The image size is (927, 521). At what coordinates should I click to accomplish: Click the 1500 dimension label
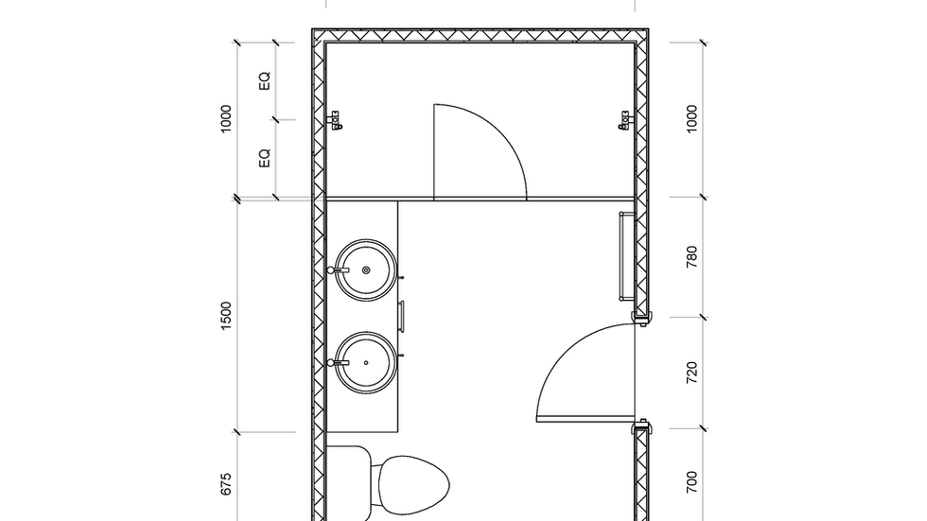[x=226, y=316]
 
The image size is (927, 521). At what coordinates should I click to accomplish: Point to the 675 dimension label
[x=226, y=484]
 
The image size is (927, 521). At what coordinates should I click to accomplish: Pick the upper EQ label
[x=265, y=81]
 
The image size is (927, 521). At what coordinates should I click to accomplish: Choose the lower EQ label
[x=265, y=158]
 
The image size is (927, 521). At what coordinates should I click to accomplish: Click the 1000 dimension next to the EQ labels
[x=226, y=119]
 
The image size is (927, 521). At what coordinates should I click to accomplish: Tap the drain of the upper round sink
[x=366, y=269]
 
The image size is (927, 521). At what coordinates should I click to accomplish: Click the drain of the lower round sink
[x=366, y=362]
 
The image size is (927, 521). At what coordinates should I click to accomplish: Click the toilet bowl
[x=411, y=488]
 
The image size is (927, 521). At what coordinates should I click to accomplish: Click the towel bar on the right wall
[x=621, y=257]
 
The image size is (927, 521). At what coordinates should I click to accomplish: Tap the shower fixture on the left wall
[x=335, y=120]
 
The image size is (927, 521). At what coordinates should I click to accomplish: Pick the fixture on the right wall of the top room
[x=624, y=120]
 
